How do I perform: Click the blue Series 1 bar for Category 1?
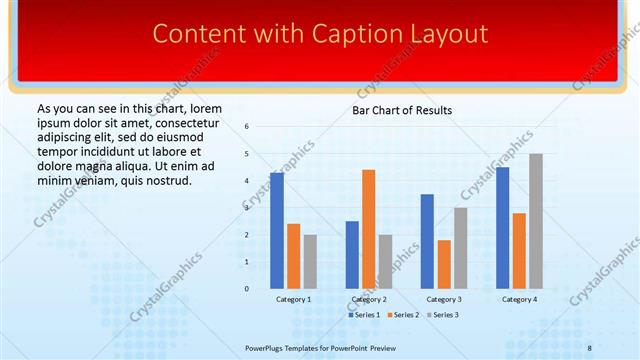(277, 230)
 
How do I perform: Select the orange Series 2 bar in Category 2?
(368, 228)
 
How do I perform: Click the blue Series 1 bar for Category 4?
(503, 227)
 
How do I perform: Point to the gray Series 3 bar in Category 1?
(310, 261)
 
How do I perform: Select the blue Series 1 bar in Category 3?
(427, 241)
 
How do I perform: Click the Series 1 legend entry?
(364, 315)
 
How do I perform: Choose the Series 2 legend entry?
(403, 315)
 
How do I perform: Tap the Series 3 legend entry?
(442, 315)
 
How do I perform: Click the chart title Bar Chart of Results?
(402, 110)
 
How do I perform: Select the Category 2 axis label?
(369, 299)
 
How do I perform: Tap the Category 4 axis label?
(519, 299)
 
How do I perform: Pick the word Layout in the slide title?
(444, 34)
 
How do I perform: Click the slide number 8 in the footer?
(590, 346)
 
